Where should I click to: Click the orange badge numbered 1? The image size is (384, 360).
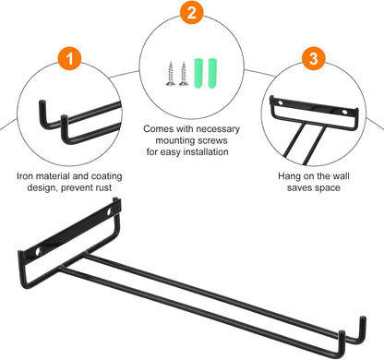point(69,58)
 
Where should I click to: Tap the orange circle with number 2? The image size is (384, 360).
point(192,13)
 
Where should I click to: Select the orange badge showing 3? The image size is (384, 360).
point(313,58)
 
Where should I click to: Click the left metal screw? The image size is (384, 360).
point(171,73)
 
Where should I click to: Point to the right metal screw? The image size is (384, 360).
point(184,73)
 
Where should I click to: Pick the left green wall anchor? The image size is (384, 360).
point(198,73)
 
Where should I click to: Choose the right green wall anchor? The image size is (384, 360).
point(212,73)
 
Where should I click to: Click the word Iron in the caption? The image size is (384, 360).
point(25,176)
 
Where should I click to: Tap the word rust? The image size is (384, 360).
point(103,187)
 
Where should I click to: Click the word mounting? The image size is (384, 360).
point(175,140)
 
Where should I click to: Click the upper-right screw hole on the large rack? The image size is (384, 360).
point(109,212)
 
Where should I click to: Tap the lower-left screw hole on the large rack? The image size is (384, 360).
point(38,251)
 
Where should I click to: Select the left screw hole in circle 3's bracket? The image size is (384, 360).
point(280,102)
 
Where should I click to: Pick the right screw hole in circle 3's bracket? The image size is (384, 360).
point(345,112)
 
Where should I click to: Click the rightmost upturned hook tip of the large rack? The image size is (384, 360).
point(363,318)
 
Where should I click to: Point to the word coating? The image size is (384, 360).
point(107,176)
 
